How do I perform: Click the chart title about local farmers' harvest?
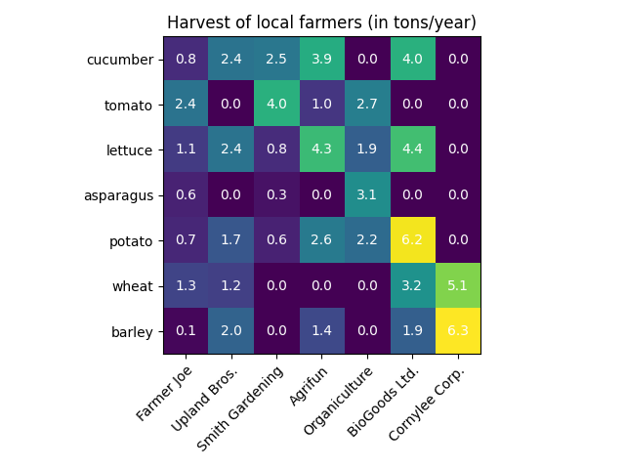click(x=321, y=22)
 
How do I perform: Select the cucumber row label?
click(x=120, y=60)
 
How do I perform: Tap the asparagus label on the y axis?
click(x=118, y=195)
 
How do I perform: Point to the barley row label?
click(x=133, y=331)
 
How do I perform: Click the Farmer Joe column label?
click(x=164, y=393)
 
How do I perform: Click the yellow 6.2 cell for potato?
click(x=412, y=240)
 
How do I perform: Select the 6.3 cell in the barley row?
click(x=457, y=331)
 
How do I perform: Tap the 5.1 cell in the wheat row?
click(x=457, y=285)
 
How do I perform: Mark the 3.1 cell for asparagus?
click(x=367, y=195)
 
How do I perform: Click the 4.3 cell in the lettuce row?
click(x=322, y=149)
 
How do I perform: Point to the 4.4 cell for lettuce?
click(x=412, y=149)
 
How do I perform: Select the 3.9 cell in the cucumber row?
click(x=322, y=60)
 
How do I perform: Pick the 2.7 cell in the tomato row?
click(x=367, y=105)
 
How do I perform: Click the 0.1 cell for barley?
click(x=186, y=331)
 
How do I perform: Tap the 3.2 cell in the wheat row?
click(x=412, y=285)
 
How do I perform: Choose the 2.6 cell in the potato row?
click(x=322, y=240)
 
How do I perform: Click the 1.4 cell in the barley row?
click(x=322, y=331)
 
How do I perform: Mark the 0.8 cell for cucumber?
click(x=186, y=60)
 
